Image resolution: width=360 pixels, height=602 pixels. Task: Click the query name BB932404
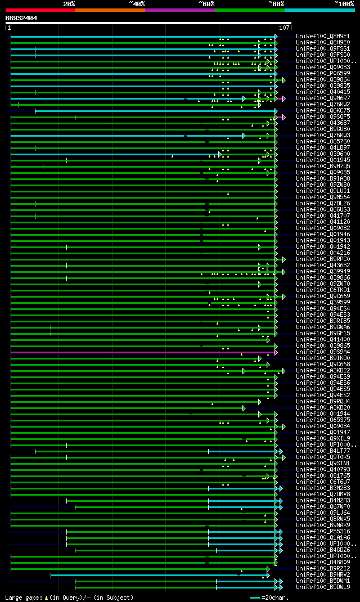click(x=21, y=18)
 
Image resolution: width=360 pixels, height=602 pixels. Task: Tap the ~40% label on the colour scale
click(x=137, y=3)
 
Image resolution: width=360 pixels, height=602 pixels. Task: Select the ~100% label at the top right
click(x=344, y=3)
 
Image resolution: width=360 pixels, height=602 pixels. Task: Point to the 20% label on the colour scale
click(x=69, y=3)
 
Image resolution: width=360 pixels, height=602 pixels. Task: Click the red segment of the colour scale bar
click(x=40, y=10)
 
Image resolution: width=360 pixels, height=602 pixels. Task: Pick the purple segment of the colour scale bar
click(x=179, y=10)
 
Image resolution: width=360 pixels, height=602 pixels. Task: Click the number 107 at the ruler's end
click(x=284, y=28)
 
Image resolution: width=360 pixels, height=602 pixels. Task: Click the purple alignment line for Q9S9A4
click(x=141, y=352)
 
